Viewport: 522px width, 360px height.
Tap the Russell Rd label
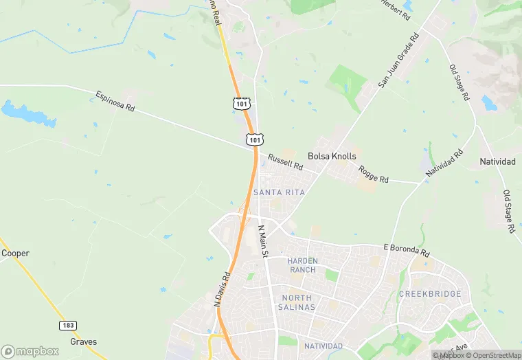pos(285,162)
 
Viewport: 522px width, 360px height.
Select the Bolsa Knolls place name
pos(332,156)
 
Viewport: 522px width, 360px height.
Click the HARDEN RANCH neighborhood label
pos(302,265)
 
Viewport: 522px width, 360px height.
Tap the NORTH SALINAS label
pos(298,302)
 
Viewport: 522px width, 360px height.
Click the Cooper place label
pos(15,253)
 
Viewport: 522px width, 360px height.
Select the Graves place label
pos(83,341)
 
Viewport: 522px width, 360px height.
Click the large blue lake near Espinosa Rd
pos(27,113)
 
